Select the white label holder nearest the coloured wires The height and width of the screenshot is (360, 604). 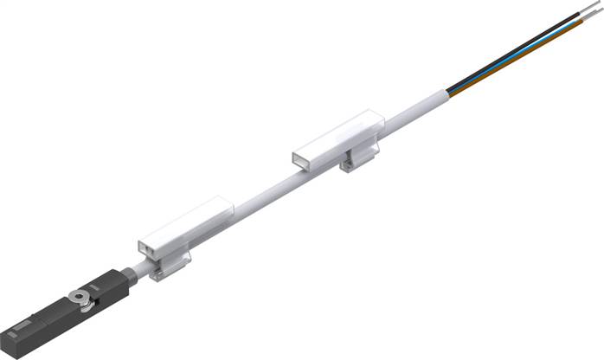pyautogui.click(x=337, y=139)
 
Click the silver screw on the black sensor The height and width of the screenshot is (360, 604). pyautogui.click(x=83, y=298)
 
